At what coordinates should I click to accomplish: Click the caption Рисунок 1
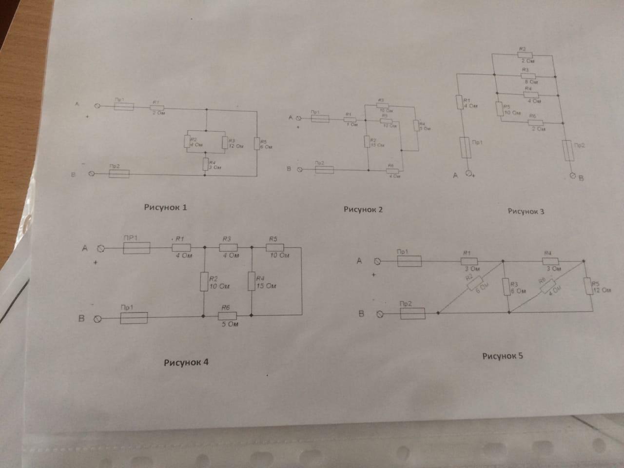[x=165, y=207]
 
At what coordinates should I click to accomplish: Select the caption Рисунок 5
[x=502, y=355]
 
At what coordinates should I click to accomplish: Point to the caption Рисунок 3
[x=526, y=211]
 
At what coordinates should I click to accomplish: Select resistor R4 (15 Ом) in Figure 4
[x=252, y=282]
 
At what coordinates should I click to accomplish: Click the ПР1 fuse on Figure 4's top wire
[x=136, y=248]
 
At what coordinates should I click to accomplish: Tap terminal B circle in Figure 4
[x=97, y=319]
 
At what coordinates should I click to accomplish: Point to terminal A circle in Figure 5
[x=376, y=261]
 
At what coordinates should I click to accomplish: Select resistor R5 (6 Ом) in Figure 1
[x=256, y=144]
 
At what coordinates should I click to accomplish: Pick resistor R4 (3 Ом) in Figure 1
[x=205, y=164]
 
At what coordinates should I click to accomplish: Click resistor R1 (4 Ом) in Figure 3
[x=459, y=102]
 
